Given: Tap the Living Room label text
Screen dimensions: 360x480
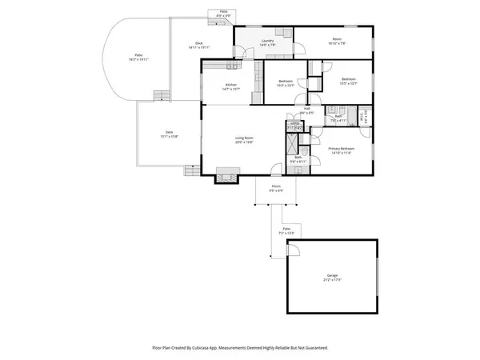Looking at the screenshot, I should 244,141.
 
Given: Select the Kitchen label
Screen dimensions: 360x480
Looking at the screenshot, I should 230,86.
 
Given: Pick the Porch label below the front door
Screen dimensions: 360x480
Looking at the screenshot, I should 276,189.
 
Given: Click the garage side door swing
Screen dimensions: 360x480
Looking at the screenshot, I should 294,250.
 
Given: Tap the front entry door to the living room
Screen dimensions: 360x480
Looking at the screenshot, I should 276,169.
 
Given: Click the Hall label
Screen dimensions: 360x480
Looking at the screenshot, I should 306,110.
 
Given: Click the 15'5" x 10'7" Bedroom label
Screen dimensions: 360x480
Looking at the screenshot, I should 349,81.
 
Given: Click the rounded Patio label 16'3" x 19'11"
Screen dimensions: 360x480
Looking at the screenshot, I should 138,58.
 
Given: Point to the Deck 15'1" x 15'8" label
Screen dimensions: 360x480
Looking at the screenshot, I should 169,134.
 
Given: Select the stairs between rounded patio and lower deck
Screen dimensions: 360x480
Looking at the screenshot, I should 161,96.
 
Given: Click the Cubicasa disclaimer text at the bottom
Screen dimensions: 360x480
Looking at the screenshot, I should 240,348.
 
